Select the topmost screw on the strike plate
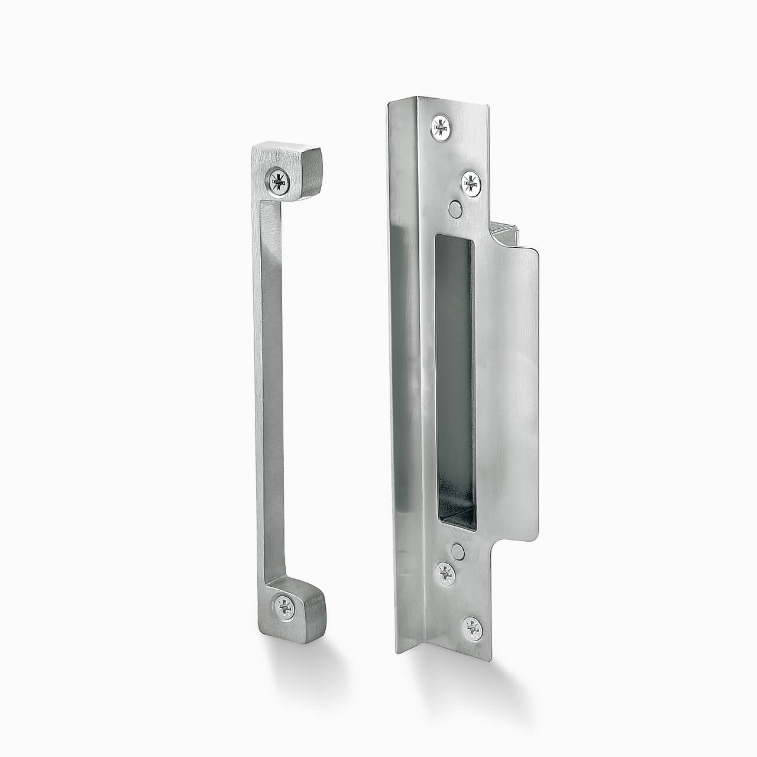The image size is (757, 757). pyautogui.click(x=441, y=127)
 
